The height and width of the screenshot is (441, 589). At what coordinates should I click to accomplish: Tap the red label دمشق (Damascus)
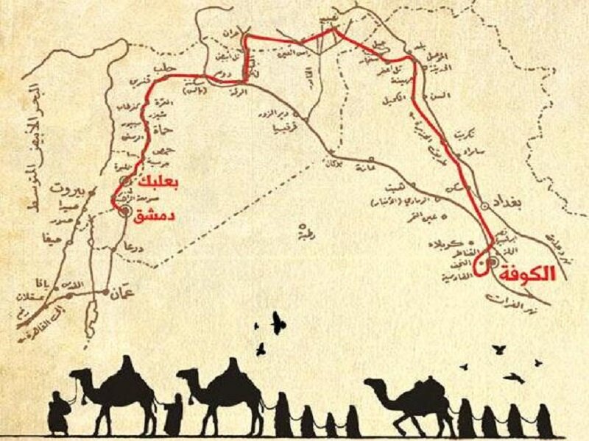click(152, 214)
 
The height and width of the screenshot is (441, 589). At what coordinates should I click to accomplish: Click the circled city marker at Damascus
click(126, 211)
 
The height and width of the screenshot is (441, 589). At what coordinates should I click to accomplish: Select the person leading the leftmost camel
click(58, 412)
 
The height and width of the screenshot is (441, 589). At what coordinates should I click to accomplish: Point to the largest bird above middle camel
click(278, 320)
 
